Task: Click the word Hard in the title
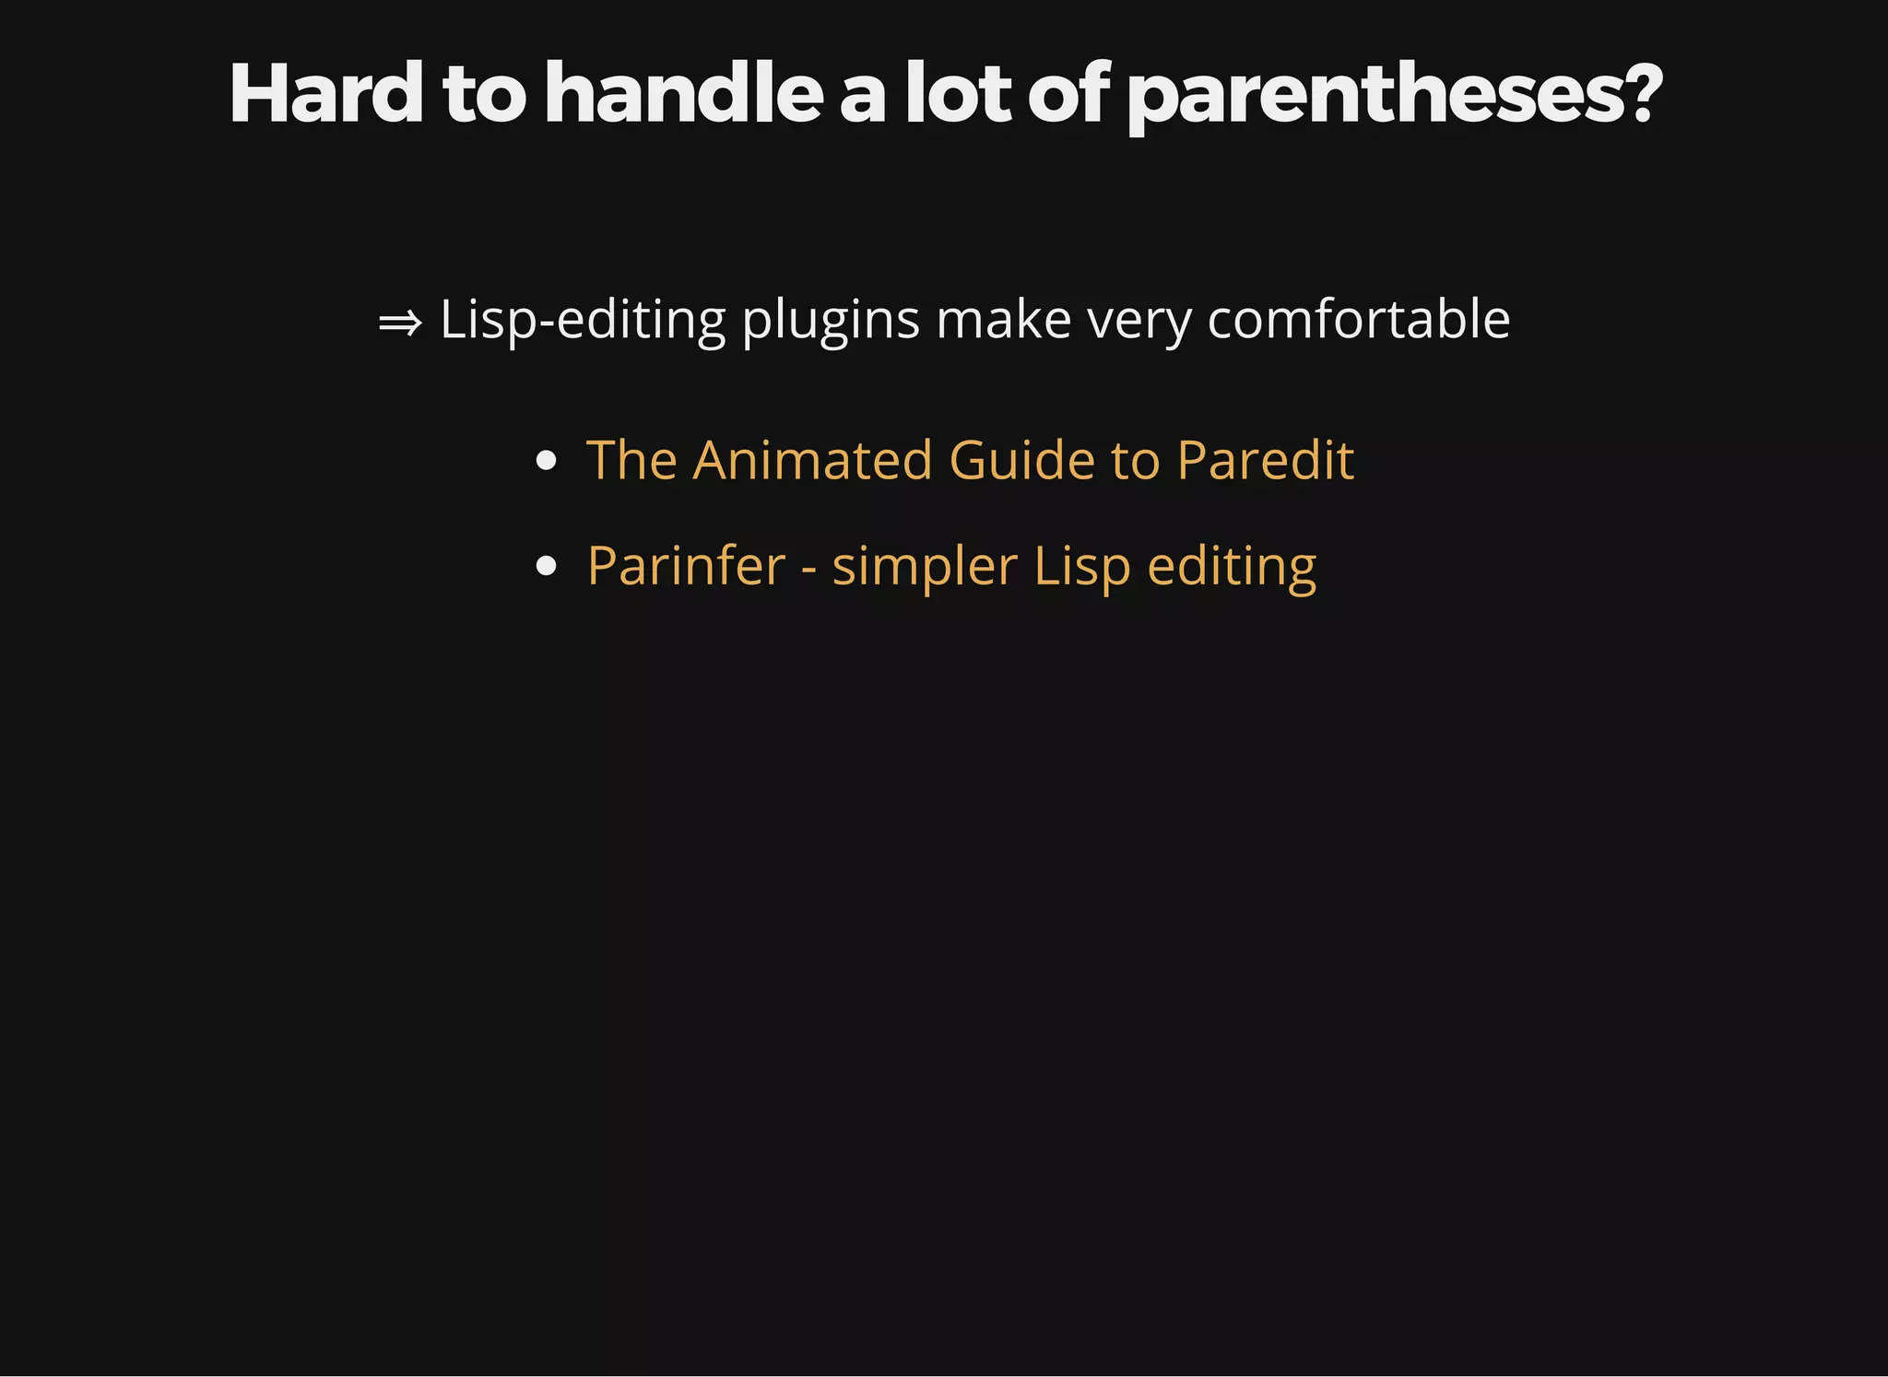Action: coord(325,94)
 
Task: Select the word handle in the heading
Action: coord(683,94)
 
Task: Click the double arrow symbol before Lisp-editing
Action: coord(400,323)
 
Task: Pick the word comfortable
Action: coord(1358,320)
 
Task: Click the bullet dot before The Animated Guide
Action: coord(546,460)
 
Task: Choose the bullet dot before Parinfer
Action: coord(546,566)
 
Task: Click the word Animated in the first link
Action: coord(812,460)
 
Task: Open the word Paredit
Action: coord(1265,460)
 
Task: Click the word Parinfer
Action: coord(686,566)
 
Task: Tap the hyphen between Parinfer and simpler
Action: coord(808,568)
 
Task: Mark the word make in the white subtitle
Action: coord(1003,321)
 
